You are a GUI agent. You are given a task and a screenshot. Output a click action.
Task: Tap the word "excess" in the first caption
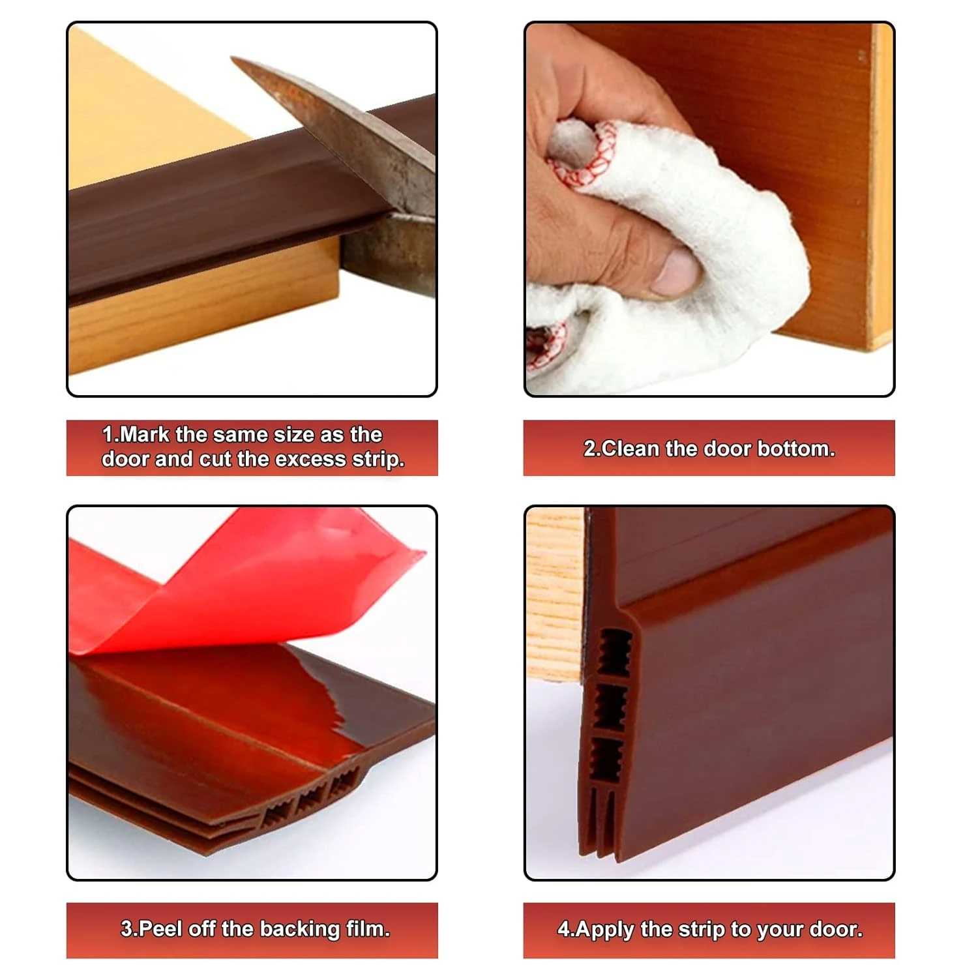(311, 459)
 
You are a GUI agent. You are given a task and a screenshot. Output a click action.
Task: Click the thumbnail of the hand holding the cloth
(709, 209)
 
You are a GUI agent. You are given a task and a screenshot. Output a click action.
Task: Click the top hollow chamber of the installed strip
(613, 653)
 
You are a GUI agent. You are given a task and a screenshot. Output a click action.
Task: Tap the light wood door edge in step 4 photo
(555, 593)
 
